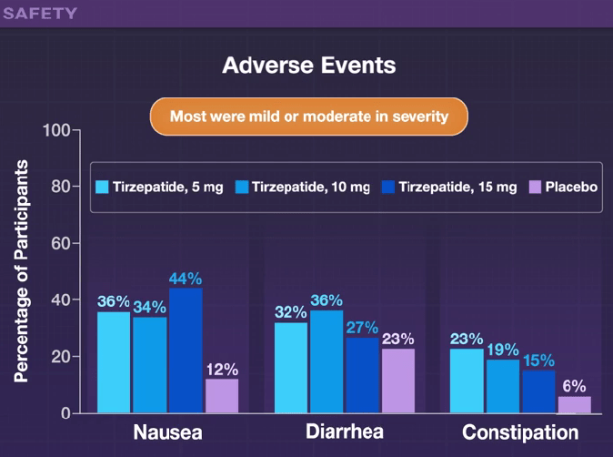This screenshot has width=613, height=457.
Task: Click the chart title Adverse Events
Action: (309, 66)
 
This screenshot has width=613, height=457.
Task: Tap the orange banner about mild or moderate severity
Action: (308, 117)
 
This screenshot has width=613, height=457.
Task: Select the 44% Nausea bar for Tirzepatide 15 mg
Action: (186, 350)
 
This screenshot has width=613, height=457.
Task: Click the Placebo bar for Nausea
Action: (222, 396)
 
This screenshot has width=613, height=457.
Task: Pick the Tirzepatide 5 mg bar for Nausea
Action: (114, 362)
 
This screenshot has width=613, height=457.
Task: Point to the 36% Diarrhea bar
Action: (327, 361)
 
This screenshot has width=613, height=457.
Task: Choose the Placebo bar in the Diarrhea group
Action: (398, 381)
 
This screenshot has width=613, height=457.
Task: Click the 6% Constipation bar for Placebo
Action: (574, 404)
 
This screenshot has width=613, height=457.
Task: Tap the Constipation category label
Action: (520, 432)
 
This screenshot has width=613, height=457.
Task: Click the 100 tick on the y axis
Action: (56, 130)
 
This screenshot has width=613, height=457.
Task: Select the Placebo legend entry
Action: (563, 188)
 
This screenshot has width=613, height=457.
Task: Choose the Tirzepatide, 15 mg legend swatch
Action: (388, 188)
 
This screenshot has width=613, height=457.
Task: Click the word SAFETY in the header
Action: (40, 14)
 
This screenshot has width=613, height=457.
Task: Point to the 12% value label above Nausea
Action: (222, 370)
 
